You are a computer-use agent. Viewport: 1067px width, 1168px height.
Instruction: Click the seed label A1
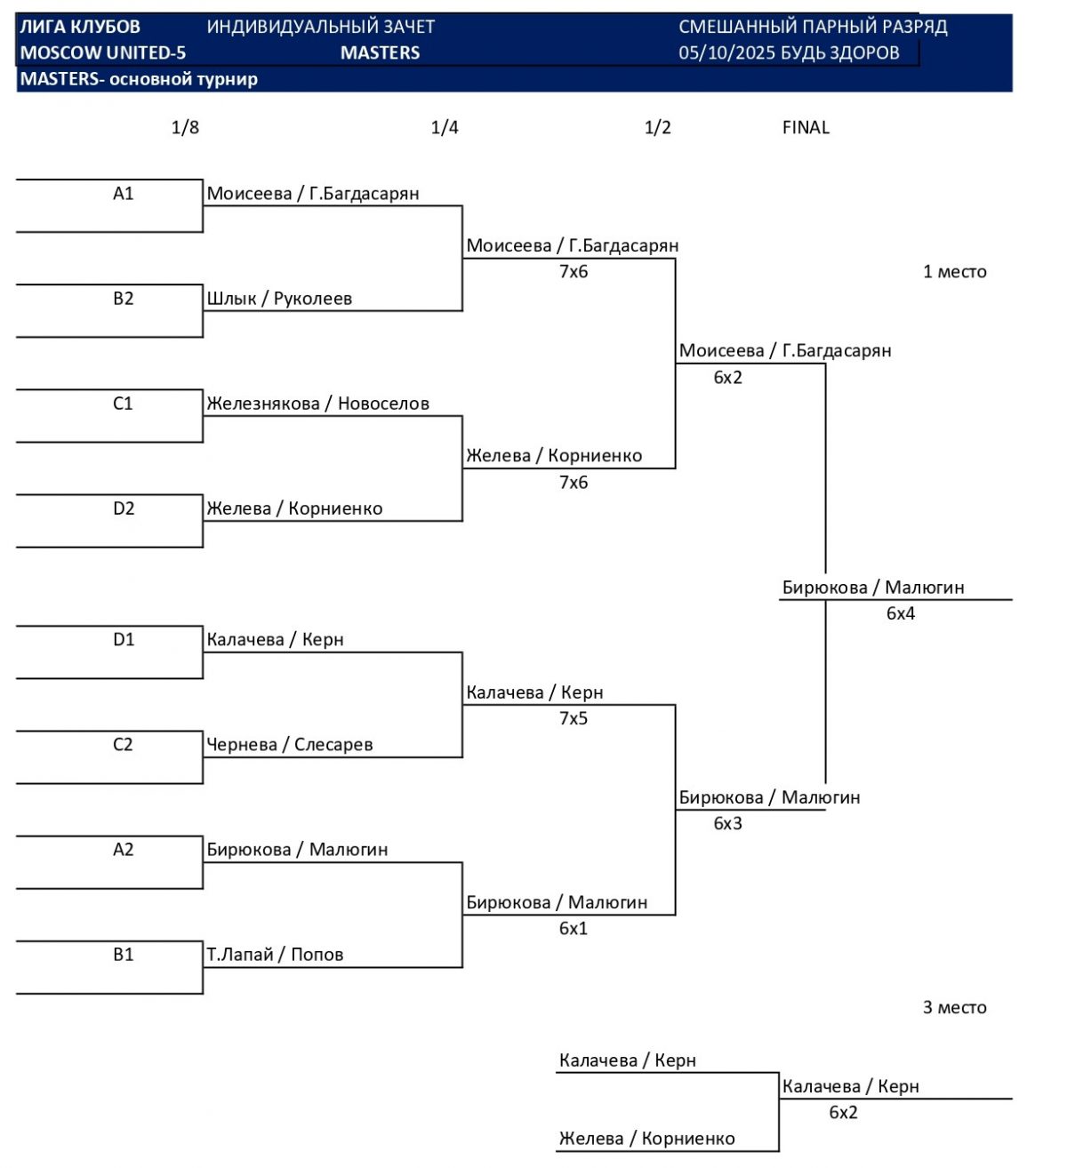(123, 194)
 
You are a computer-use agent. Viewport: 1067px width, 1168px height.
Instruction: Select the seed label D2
(123, 508)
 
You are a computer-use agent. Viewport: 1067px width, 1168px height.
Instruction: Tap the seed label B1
(123, 955)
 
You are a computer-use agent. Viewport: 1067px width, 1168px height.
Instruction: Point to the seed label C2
(123, 745)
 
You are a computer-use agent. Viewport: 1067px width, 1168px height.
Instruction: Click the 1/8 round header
(185, 127)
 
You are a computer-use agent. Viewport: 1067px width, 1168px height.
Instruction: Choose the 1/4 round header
(445, 127)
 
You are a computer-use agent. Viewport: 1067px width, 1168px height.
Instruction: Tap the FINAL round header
(806, 127)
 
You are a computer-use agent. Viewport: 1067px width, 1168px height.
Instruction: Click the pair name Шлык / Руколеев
(279, 299)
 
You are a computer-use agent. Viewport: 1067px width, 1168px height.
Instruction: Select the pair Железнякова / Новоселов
(317, 404)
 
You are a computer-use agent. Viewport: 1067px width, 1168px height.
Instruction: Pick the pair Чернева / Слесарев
(289, 745)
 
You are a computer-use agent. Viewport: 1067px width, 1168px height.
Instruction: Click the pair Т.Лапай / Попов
(275, 955)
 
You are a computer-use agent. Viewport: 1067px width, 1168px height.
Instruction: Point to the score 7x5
(574, 718)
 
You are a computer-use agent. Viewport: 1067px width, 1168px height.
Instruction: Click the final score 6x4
(901, 613)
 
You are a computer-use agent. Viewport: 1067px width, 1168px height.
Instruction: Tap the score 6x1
(574, 928)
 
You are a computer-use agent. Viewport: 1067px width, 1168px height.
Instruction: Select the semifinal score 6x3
(727, 823)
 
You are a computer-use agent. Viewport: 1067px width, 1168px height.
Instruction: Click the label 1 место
(954, 272)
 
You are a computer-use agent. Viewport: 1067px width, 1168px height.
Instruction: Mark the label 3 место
(954, 1007)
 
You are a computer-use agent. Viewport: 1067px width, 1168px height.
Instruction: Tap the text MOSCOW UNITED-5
(103, 52)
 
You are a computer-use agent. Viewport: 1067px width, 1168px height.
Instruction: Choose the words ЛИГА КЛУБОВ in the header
(80, 27)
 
